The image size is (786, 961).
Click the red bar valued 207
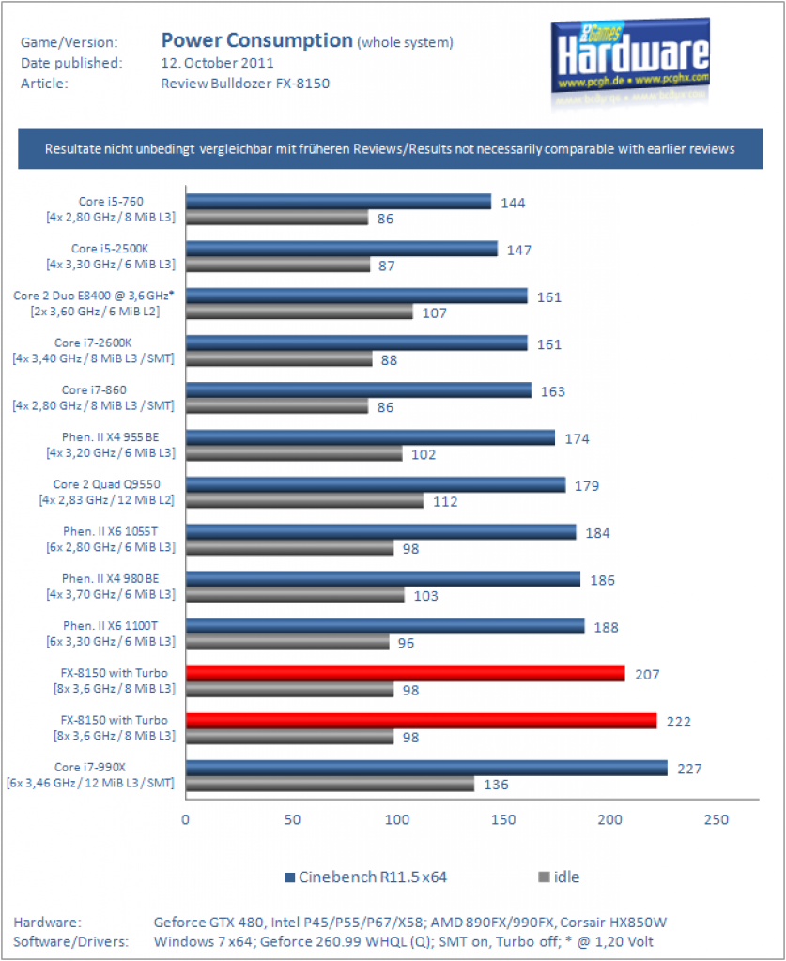406,674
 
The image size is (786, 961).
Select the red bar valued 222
422,721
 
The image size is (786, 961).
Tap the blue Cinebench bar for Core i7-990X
426,768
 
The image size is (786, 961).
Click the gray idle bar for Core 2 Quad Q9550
304,501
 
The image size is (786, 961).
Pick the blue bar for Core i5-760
338,202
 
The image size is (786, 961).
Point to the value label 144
513,203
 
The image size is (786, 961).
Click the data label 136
496,785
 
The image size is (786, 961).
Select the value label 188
606,627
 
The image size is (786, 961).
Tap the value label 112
445,501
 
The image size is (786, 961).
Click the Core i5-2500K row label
111,256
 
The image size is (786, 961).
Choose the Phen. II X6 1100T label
111,633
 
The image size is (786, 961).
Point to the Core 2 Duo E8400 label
94,303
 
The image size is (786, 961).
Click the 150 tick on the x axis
503,819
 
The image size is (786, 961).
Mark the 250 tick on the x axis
717,819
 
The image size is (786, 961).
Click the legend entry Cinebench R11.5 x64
366,877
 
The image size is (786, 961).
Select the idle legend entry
559,877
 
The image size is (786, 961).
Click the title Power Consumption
257,40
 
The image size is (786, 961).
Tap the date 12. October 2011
217,63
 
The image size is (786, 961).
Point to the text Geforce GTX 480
208,922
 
